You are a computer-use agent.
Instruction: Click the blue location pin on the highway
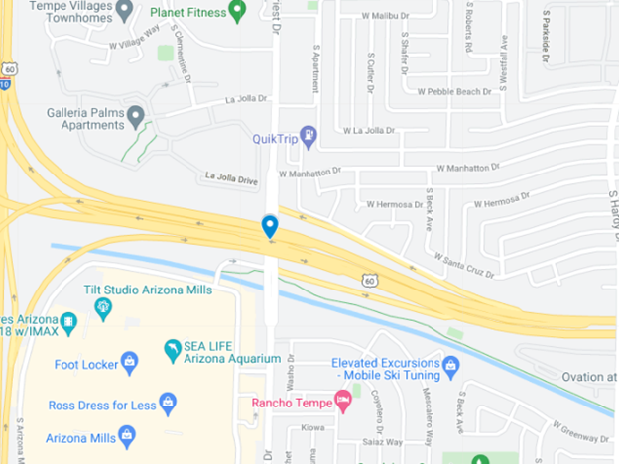pyautogui.click(x=269, y=226)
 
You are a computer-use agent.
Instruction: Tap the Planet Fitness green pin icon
pyautogui.click(x=237, y=11)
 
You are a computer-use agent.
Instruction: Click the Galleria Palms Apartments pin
pyautogui.click(x=136, y=117)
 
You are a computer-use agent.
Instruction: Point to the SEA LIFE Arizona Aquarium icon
pyautogui.click(x=173, y=350)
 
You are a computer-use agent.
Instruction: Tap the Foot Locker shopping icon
pyautogui.click(x=129, y=363)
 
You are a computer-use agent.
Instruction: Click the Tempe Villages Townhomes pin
pyautogui.click(x=124, y=10)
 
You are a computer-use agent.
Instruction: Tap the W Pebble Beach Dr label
pyautogui.click(x=454, y=91)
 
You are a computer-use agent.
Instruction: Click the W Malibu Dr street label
pyautogui.click(x=386, y=17)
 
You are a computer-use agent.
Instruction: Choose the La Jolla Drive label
pyautogui.click(x=231, y=178)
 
